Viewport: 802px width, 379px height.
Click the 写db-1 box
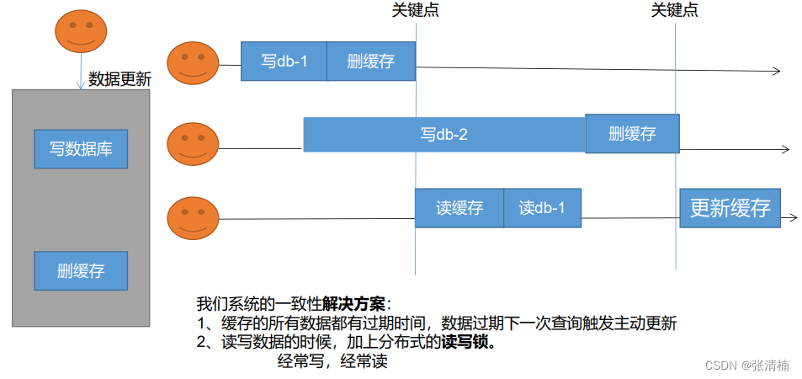click(x=284, y=61)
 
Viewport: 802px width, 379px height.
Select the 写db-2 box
click(x=443, y=134)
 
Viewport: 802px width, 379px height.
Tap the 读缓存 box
click(x=459, y=208)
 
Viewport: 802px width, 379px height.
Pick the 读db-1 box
click(x=543, y=208)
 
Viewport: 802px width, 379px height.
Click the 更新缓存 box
click(x=730, y=208)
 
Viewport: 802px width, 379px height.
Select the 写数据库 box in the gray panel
click(x=81, y=150)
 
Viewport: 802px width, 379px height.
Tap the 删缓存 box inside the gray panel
click(x=81, y=270)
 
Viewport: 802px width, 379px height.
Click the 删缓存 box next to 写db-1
click(x=371, y=61)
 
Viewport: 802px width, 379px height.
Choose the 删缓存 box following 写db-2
click(x=632, y=133)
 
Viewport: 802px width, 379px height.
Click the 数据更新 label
click(x=120, y=80)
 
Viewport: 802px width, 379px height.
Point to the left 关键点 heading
click(x=416, y=10)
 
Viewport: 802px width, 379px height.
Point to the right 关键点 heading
click(x=675, y=10)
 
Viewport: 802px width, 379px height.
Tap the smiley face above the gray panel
click(x=81, y=31)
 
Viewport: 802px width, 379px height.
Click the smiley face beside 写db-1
click(x=193, y=63)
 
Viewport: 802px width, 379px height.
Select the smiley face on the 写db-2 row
click(x=193, y=143)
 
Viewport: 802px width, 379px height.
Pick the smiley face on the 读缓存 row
click(x=193, y=217)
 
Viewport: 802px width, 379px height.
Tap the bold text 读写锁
click(x=468, y=343)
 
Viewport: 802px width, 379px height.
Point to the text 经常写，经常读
click(x=332, y=362)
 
